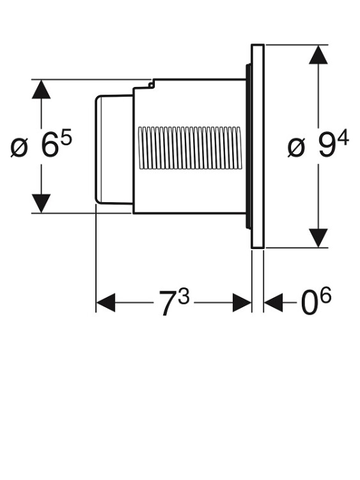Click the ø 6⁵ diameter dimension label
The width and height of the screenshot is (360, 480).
pos(41,143)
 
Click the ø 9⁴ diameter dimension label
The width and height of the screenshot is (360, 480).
pos(318,143)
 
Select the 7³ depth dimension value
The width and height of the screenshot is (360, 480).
pos(174,302)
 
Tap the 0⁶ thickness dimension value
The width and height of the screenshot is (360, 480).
pos(316,301)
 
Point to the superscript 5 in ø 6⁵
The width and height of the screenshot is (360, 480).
pos(66,137)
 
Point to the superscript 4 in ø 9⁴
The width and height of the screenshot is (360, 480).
pos(343,137)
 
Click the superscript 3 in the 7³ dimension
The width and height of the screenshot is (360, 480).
pos(184,296)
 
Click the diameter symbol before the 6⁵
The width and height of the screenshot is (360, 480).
pos(19,148)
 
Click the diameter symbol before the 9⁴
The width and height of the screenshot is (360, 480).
pos(297,148)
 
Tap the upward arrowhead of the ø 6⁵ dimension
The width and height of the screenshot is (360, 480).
pos(41,90)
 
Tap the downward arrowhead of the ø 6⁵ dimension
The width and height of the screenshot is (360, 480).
pos(41,203)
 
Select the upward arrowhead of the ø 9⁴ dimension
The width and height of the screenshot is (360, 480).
pos(318,54)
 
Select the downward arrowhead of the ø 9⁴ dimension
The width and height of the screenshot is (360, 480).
pos(318,237)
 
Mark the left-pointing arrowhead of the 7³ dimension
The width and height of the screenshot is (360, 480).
pos(106,303)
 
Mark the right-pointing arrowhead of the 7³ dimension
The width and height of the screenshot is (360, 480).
pos(242,303)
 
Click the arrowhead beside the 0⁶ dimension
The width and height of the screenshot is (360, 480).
pos(274,303)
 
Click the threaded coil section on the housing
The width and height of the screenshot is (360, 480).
pos(190,148)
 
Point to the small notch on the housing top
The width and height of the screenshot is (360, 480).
pos(150,84)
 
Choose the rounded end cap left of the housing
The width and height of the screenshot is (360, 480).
pos(114,149)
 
